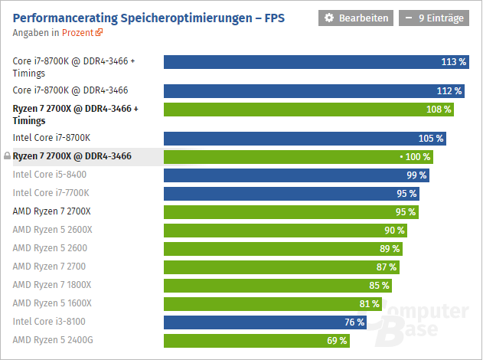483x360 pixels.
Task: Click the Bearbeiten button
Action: pyautogui.click(x=356, y=18)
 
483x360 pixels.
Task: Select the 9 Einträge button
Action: pyautogui.click(x=432, y=18)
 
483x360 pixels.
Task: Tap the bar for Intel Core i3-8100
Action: pyautogui.click(x=265, y=322)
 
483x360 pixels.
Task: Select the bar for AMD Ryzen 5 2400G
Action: pyautogui.click(x=256, y=340)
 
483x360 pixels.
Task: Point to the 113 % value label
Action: pyautogui.click(x=454, y=62)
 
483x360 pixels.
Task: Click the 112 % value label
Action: pyautogui.click(x=450, y=91)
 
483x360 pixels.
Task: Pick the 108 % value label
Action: pyautogui.click(x=439, y=110)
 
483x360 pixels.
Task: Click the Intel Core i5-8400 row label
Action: pyautogui.click(x=50, y=175)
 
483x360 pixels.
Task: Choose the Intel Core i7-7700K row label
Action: pyautogui.click(x=51, y=193)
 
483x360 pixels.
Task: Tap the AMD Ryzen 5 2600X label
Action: pyautogui.click(x=52, y=229)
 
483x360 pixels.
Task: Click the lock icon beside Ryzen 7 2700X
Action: pyautogui.click(x=8, y=156)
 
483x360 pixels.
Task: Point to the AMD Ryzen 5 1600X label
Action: pyautogui.click(x=52, y=303)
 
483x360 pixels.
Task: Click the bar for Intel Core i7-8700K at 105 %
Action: pyautogui.click(x=305, y=139)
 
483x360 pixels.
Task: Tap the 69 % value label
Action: pyautogui.click(x=337, y=340)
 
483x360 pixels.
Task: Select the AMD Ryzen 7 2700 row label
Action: pyautogui.click(x=49, y=266)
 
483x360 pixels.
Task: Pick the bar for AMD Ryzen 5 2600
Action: pyautogui.click(x=283, y=248)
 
